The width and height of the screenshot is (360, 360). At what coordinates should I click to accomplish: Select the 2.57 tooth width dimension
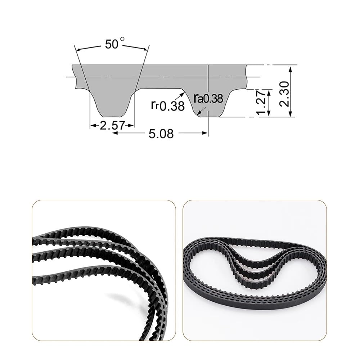112,126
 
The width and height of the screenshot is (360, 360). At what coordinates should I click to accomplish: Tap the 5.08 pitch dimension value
161,134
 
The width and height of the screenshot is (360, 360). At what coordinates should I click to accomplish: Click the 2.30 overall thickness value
284,94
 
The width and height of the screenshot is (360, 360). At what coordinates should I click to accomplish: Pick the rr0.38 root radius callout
168,105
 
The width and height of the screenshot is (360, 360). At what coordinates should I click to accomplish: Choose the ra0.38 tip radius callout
208,99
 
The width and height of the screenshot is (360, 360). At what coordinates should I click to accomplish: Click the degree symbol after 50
122,39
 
